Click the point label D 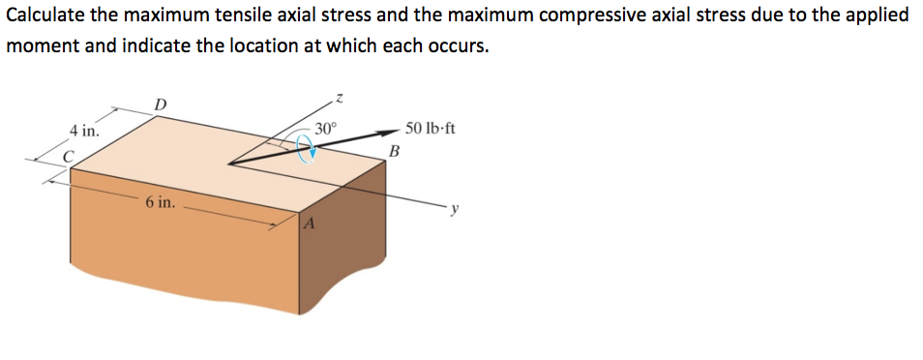coord(161,104)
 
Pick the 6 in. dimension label coord(161,203)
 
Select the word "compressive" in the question coord(576,16)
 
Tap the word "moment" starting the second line coord(39,46)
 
